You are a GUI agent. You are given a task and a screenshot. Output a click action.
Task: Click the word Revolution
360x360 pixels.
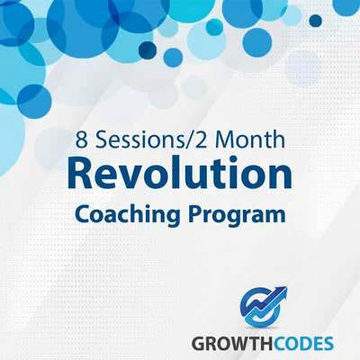click(x=180, y=175)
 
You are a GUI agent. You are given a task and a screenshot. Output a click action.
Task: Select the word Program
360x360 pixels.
click(x=237, y=215)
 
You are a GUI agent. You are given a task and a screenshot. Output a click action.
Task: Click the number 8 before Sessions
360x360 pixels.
click(x=81, y=140)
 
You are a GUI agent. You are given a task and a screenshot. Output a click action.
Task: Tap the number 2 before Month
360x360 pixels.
click(x=201, y=140)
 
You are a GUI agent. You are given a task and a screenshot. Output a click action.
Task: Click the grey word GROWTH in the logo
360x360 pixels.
click(x=229, y=344)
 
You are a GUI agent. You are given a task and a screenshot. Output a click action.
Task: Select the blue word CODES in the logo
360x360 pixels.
click(x=301, y=344)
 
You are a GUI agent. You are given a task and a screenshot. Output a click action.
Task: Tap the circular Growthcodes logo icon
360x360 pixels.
click(x=262, y=307)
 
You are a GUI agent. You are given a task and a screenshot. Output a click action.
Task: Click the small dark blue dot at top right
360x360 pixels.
click(x=316, y=21)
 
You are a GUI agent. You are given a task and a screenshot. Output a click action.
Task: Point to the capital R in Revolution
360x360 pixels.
click(x=79, y=175)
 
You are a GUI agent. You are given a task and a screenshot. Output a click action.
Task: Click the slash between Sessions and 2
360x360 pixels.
click(x=188, y=140)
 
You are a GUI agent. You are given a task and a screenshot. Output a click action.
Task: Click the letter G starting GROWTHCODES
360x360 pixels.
click(x=198, y=344)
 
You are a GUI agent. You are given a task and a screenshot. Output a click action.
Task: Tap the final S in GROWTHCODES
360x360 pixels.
click(x=328, y=344)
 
